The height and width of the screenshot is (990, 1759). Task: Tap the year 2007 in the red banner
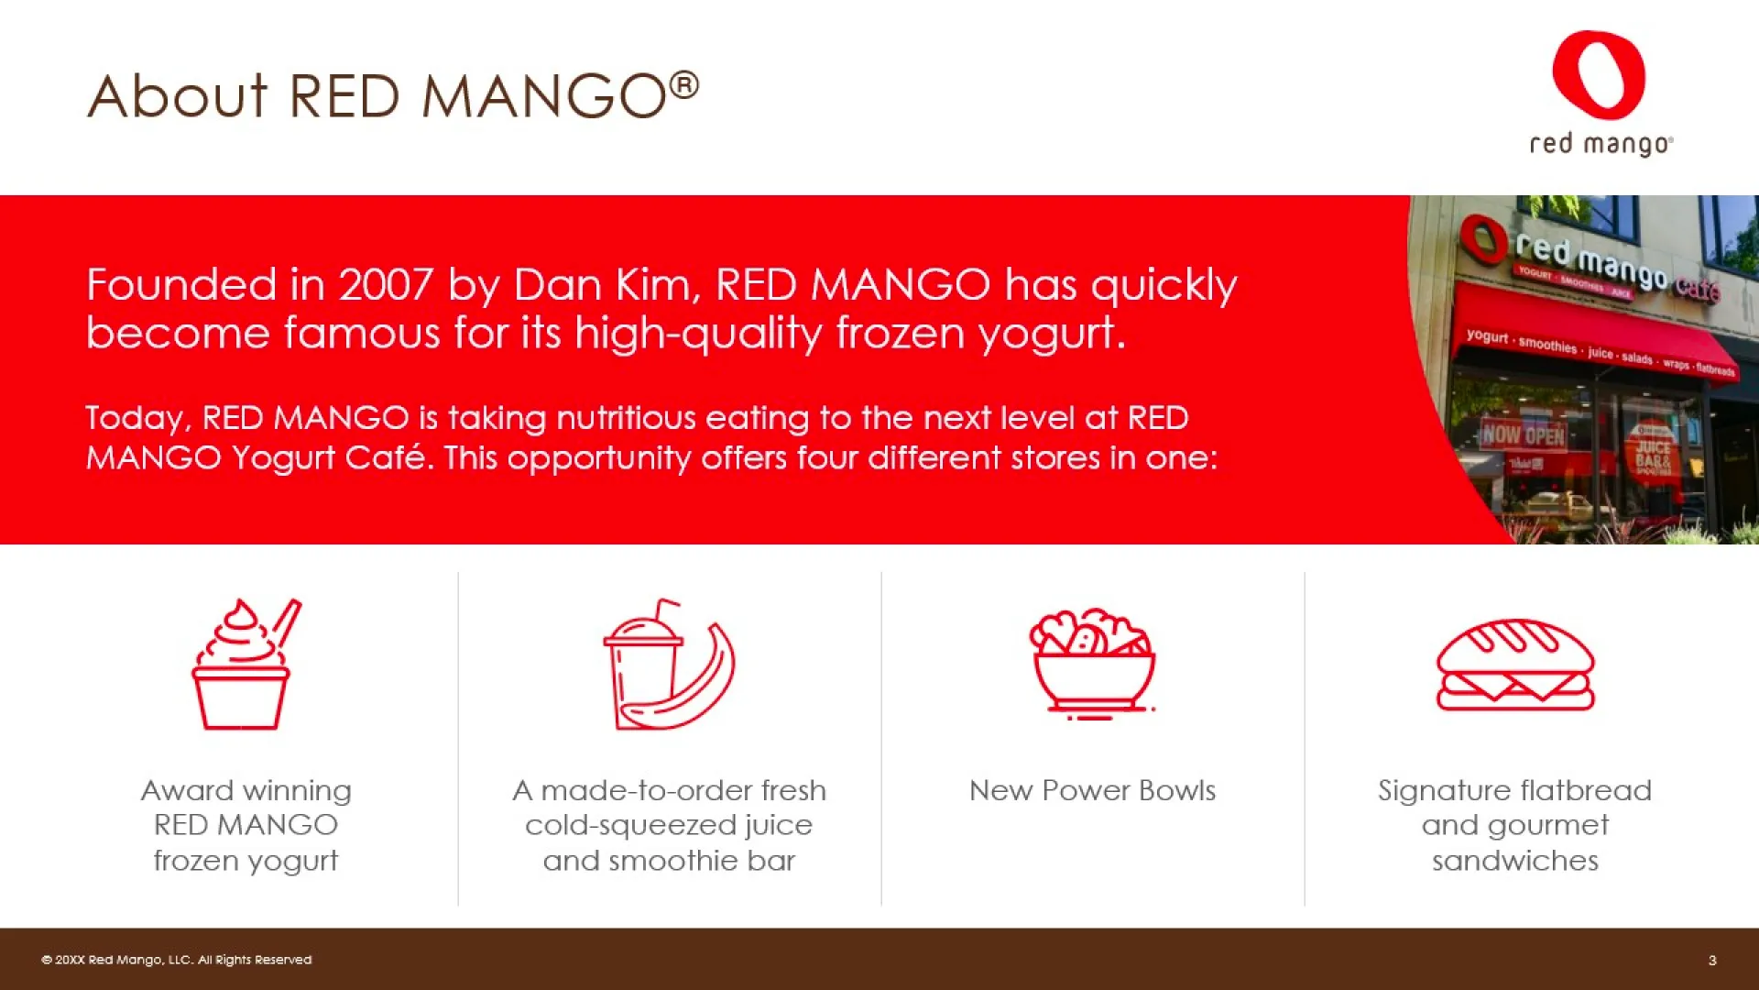386,285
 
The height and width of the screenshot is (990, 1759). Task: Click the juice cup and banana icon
669,664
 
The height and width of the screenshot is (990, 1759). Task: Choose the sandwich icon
1515,665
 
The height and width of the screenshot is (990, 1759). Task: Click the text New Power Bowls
1092,790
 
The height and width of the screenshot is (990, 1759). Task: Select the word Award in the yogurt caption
187,790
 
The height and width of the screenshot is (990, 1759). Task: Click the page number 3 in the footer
1712,960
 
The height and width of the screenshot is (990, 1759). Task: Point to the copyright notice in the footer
176,960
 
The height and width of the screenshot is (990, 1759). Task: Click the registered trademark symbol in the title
683,86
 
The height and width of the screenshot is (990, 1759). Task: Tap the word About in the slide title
178,95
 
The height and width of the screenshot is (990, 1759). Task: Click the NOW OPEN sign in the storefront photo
1524,434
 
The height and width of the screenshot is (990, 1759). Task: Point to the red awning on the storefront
1594,339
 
